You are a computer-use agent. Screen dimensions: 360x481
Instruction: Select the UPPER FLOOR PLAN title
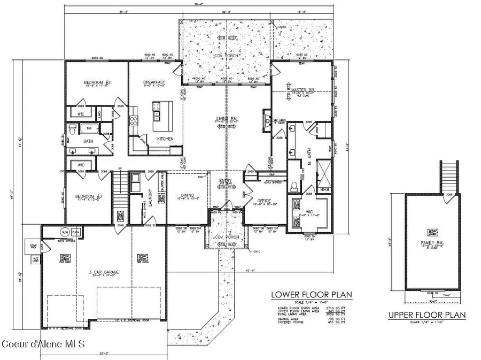coord(426,315)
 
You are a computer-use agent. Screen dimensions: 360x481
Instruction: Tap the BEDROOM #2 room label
coord(97,83)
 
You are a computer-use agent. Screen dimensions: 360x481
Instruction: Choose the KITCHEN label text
coord(165,139)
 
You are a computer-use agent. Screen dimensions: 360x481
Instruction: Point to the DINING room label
coord(187,196)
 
